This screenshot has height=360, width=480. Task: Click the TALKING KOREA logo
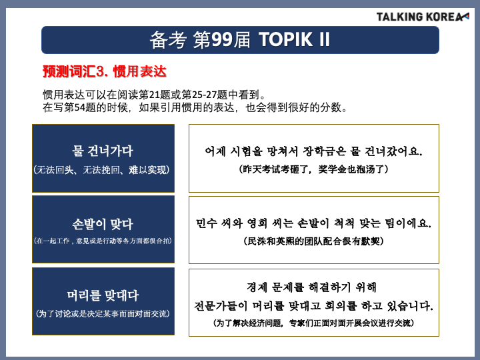pyautogui.click(x=423, y=17)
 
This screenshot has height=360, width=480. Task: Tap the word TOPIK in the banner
pyautogui.click(x=286, y=39)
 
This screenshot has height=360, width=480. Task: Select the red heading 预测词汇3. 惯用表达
pyautogui.click(x=105, y=71)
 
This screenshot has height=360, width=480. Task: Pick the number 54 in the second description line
pyautogui.click(x=79, y=107)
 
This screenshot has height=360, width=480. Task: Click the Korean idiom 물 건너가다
pyautogui.click(x=103, y=151)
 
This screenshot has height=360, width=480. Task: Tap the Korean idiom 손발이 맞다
pyautogui.click(x=103, y=224)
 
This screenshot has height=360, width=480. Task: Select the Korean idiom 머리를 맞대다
pyautogui.click(x=103, y=296)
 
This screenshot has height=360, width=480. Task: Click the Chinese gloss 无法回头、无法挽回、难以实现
pyautogui.click(x=101, y=170)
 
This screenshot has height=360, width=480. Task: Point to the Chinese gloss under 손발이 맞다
pyautogui.click(x=103, y=241)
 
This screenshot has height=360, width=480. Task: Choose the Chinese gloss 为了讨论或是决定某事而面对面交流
pyautogui.click(x=103, y=314)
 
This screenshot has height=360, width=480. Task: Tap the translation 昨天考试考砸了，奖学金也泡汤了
pyautogui.click(x=314, y=169)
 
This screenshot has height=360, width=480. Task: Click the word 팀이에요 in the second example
pyautogui.click(x=408, y=223)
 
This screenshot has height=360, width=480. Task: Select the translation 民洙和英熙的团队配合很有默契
pyautogui.click(x=314, y=241)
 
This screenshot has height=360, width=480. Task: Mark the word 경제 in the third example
pyautogui.click(x=257, y=287)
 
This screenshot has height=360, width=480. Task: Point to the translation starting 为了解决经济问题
pyautogui.click(x=314, y=323)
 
